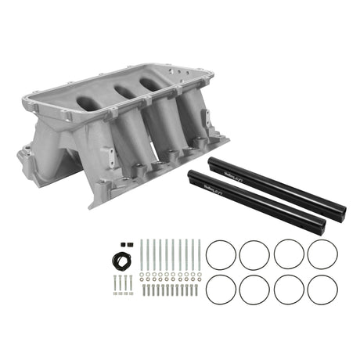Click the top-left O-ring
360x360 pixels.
220,254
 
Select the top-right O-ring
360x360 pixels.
322,254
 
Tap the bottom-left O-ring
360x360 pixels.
220,290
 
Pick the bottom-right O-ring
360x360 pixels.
322,290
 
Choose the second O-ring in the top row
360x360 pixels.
254,254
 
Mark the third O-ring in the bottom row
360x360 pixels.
289,290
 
